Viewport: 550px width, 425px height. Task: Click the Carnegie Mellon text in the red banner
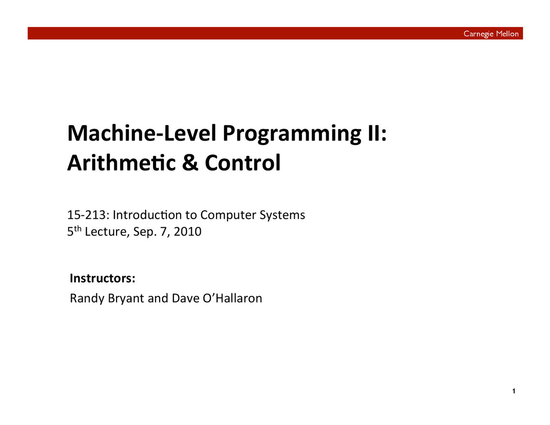pyautogui.click(x=491, y=34)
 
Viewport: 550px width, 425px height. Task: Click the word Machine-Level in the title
pyautogui.click(x=142, y=133)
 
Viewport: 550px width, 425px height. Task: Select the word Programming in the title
pyautogui.click(x=292, y=135)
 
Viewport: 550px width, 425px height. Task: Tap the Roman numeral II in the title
pyautogui.click(x=374, y=133)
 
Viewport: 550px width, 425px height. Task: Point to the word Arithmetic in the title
pyautogui.click(x=122, y=162)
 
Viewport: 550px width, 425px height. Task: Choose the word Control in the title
pyautogui.click(x=243, y=162)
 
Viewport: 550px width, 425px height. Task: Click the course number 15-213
pyautogui.click(x=86, y=215)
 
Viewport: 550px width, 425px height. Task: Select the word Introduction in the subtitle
pyautogui.click(x=147, y=215)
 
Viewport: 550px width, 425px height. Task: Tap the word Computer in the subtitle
pyautogui.click(x=228, y=215)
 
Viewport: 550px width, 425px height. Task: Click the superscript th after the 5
pyautogui.click(x=78, y=228)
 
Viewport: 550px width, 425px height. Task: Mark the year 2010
pyautogui.click(x=187, y=231)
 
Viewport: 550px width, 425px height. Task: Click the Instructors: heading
pyautogui.click(x=103, y=278)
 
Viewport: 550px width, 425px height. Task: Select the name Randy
pyautogui.click(x=87, y=298)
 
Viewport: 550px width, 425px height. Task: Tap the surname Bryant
pyautogui.click(x=126, y=299)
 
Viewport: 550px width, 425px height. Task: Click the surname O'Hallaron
pyautogui.click(x=232, y=298)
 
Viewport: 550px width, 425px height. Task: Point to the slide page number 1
pyautogui.click(x=514, y=391)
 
